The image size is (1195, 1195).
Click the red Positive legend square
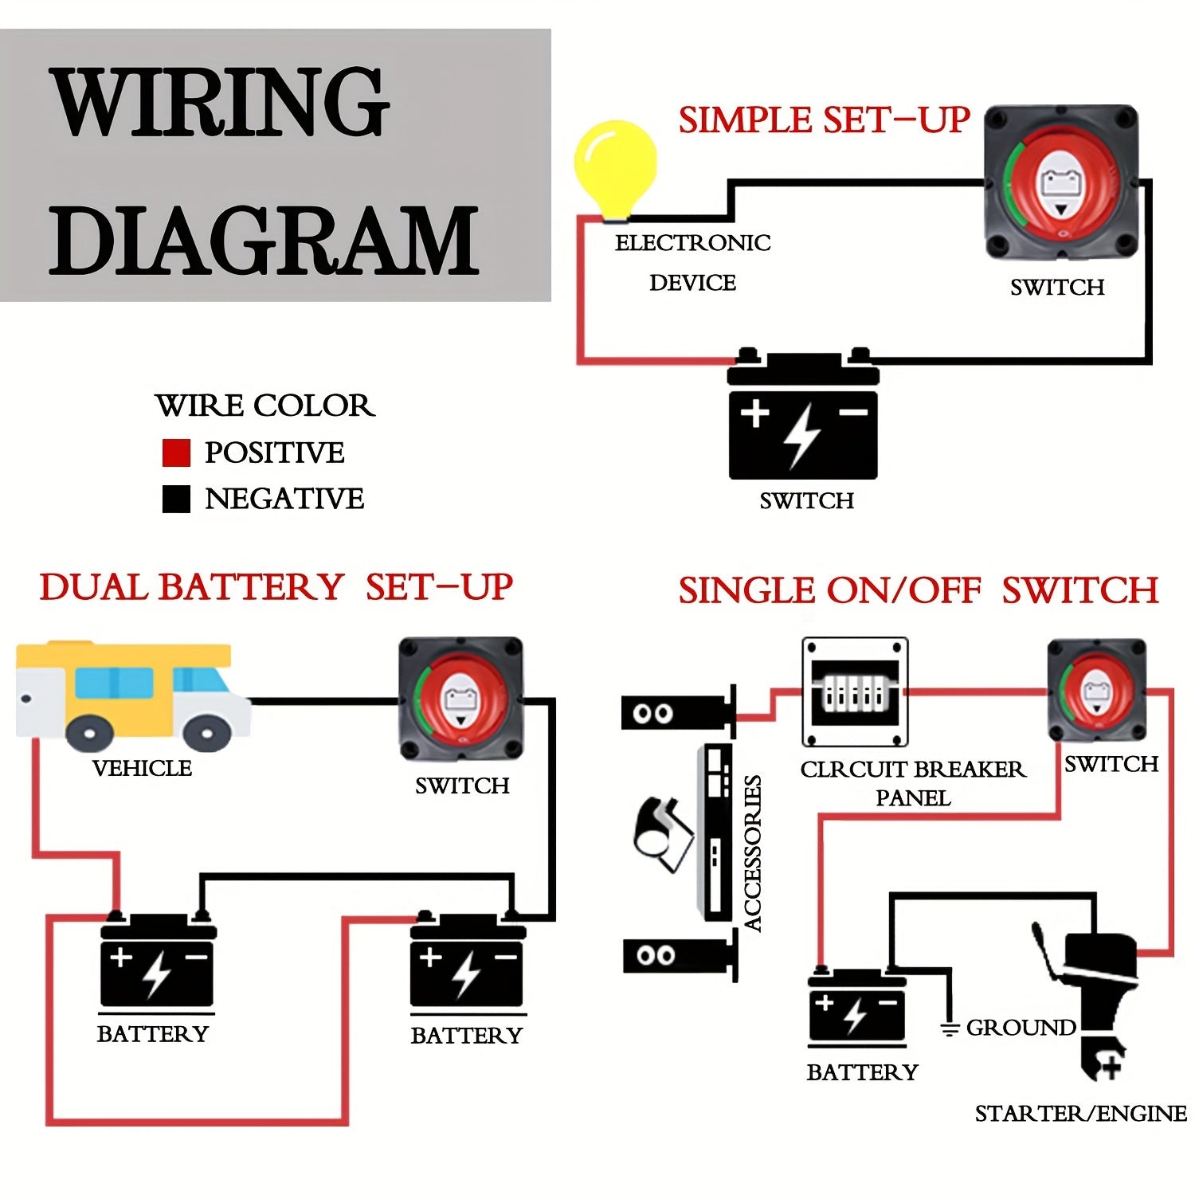tap(176, 453)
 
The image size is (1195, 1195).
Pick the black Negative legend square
tap(176, 499)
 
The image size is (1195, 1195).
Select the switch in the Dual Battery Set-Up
tap(461, 699)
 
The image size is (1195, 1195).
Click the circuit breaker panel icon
tap(855, 692)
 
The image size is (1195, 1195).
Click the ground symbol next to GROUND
tap(949, 1028)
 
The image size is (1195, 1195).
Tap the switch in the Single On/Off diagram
tap(1097, 691)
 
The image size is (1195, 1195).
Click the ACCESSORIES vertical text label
tap(753, 852)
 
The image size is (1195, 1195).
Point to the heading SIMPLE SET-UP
tap(823, 120)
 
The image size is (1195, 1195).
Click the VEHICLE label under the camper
tap(142, 768)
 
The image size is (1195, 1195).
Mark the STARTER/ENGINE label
tap(1080, 1113)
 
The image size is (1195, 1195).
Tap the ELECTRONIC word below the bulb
tap(692, 242)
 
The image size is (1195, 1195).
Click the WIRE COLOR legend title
tap(264, 406)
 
